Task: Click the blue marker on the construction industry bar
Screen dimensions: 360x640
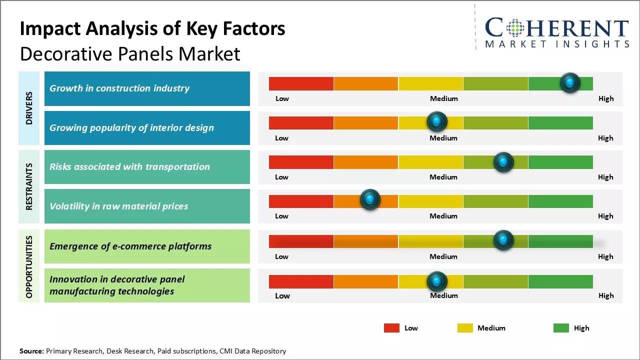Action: pos(570,82)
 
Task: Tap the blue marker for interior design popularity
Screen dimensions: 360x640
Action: pos(437,121)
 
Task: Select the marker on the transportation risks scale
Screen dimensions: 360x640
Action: pos(503,162)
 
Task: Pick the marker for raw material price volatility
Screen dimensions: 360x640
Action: pos(370,199)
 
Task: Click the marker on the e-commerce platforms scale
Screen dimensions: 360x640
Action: pos(503,240)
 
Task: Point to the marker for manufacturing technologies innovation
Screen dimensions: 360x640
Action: pos(437,281)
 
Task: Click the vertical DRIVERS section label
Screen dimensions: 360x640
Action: pos(29,108)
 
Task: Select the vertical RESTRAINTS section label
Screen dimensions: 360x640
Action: pos(29,186)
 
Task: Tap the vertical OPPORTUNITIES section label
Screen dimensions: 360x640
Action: pos(29,266)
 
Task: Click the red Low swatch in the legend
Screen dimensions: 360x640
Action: pos(391,328)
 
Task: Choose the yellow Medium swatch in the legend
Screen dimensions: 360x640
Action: pos(465,328)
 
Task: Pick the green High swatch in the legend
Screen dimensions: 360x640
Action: pos(561,328)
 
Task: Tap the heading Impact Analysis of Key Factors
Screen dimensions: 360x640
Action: pos(152,29)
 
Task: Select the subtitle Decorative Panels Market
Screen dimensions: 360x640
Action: pos(130,53)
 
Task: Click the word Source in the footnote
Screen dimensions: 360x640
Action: pos(31,351)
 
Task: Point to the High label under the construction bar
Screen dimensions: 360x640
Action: pos(605,98)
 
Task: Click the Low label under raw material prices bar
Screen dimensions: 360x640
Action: pos(281,216)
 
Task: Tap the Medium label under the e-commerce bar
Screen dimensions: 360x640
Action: pos(443,256)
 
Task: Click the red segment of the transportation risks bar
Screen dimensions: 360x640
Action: pos(301,162)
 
